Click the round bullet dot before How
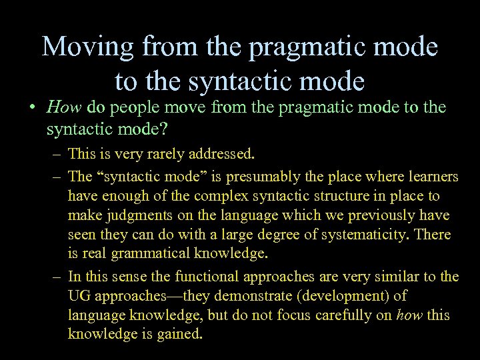click(31, 108)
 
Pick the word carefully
click(349, 315)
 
